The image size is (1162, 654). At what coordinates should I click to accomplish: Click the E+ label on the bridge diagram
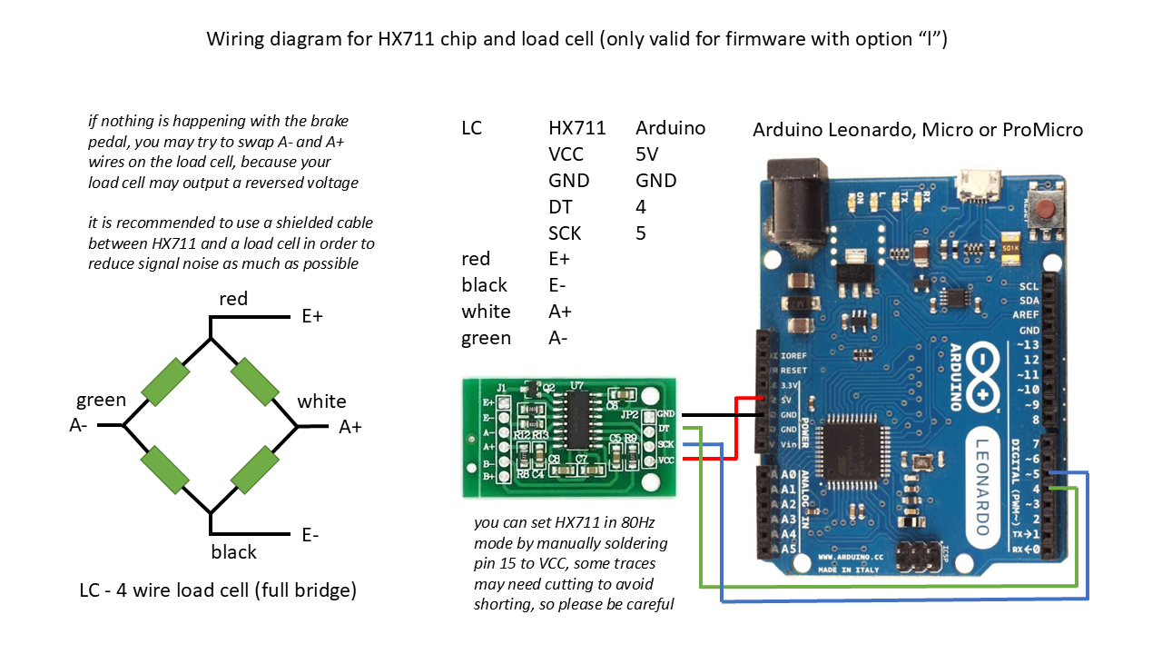tap(312, 316)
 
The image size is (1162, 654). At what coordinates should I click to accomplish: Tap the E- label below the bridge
tap(310, 535)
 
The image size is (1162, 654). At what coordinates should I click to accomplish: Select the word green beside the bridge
tap(101, 401)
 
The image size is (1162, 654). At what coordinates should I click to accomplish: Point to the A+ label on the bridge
tap(350, 426)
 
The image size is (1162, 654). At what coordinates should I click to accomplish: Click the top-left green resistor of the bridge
tap(165, 381)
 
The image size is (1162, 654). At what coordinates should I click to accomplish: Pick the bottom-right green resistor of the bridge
tap(255, 470)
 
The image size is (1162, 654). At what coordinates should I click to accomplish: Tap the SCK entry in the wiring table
tap(565, 233)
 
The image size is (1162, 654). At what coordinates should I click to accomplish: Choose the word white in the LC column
tap(486, 312)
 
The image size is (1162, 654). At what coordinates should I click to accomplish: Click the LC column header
tap(471, 128)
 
